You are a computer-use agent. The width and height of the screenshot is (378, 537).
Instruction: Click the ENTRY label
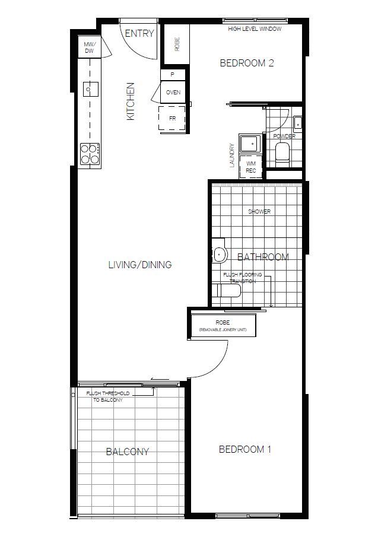(139, 34)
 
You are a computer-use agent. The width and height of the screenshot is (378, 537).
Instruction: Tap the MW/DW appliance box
(90, 47)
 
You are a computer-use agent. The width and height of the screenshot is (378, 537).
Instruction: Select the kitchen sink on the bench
(90, 89)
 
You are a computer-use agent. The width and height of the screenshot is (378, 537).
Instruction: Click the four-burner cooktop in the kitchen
(90, 154)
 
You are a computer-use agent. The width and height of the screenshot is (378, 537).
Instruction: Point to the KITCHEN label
(131, 101)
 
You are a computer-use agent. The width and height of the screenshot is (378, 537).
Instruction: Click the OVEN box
(173, 93)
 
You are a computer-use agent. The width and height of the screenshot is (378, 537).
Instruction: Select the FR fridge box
(172, 119)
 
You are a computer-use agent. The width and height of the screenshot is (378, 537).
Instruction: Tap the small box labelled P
(173, 75)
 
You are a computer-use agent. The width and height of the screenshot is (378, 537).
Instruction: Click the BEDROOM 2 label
(246, 63)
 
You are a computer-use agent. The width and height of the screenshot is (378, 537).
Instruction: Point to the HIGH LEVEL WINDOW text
(255, 28)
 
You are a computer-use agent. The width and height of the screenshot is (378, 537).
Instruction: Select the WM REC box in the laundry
(251, 167)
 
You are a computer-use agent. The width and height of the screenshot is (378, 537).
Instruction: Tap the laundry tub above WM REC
(250, 144)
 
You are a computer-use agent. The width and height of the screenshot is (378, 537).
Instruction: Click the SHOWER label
(259, 212)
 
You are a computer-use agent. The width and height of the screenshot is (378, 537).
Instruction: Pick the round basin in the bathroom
(220, 254)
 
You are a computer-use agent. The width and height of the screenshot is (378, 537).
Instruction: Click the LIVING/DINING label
(139, 265)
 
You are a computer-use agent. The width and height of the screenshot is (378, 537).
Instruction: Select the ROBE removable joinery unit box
(223, 325)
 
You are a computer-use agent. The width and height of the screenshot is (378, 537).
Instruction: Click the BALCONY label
(127, 452)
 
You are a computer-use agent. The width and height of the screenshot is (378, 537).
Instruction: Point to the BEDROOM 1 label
(244, 449)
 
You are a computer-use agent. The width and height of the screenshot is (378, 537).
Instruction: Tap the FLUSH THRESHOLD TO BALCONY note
(110, 397)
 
